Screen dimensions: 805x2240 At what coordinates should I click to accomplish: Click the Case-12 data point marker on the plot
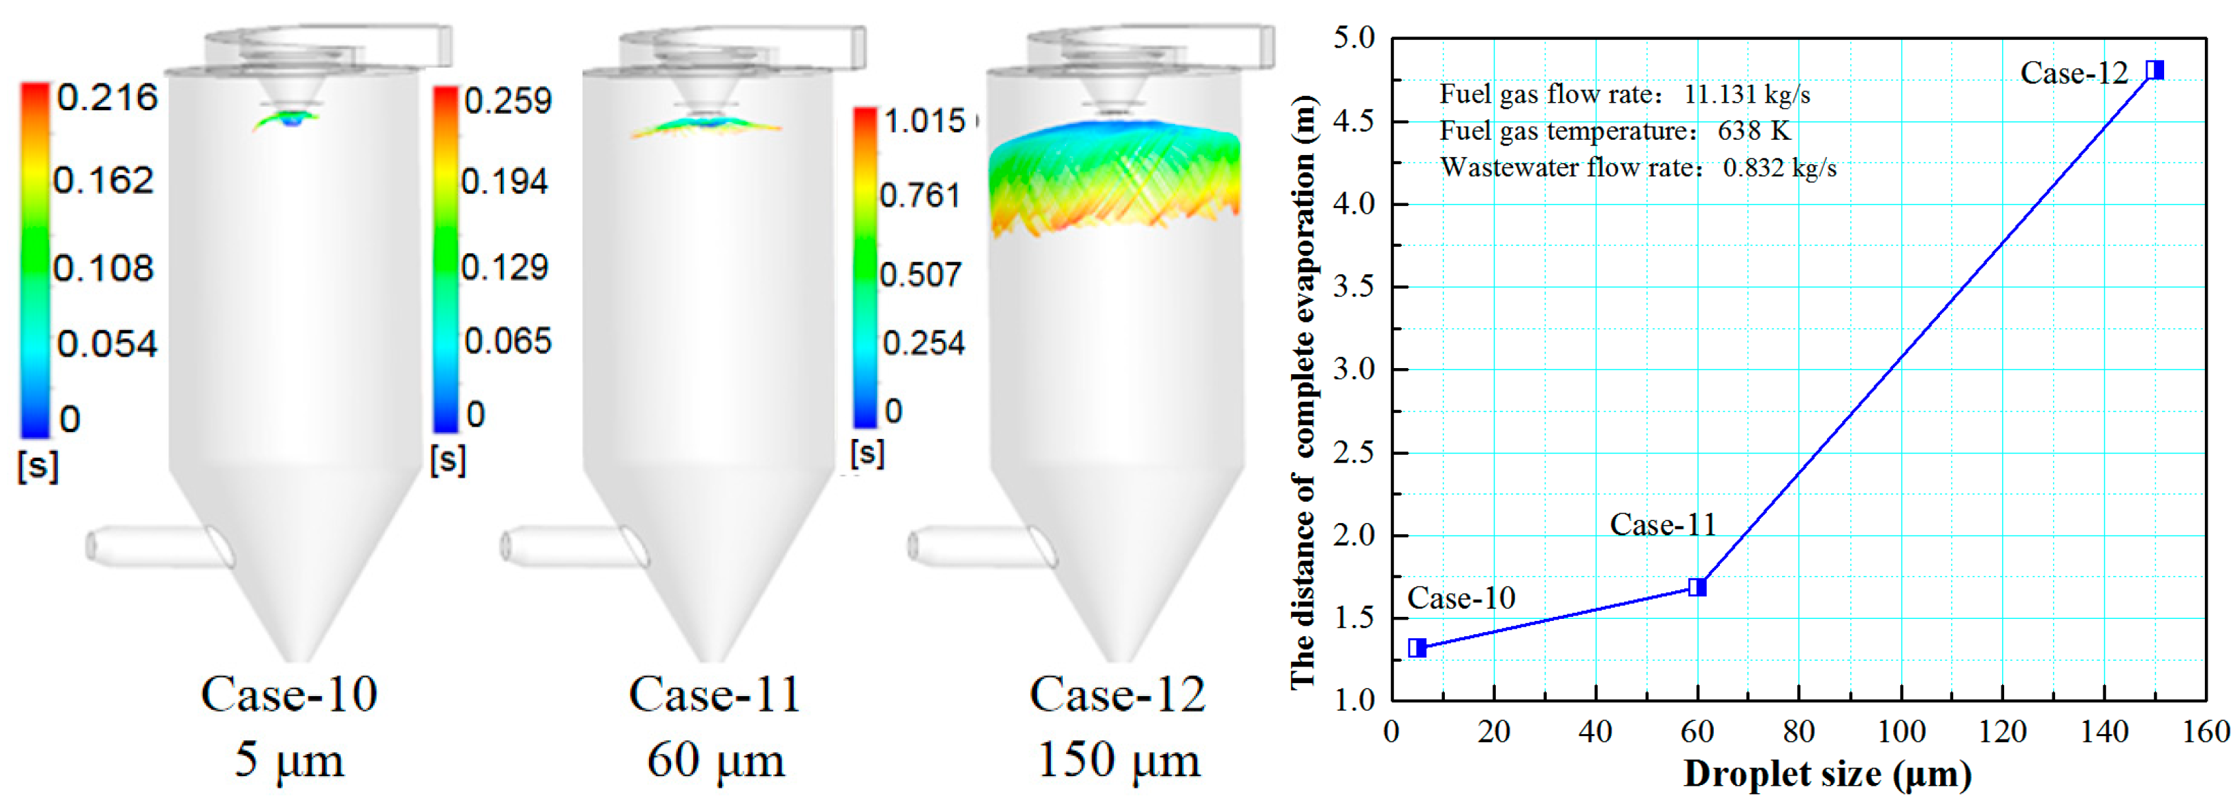click(x=2154, y=70)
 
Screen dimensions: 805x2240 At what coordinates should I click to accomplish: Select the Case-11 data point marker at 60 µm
click(x=1697, y=588)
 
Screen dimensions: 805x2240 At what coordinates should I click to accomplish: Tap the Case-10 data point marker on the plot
click(x=1417, y=648)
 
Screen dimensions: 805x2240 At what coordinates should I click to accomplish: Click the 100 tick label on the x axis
click(x=1900, y=732)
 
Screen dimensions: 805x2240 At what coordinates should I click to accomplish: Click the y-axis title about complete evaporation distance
click(x=1302, y=391)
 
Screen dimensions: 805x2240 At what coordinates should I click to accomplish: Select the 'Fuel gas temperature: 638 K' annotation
click(x=1614, y=131)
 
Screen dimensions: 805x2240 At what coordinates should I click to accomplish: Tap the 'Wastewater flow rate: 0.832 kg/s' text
click(x=1638, y=167)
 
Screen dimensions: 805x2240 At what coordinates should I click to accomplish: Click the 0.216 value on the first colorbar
click(x=107, y=97)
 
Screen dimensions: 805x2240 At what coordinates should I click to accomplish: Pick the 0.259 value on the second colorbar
click(x=507, y=101)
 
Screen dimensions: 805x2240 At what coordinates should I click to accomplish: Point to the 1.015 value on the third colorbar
click(x=924, y=121)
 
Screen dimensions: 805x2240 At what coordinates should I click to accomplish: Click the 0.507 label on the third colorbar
click(x=920, y=275)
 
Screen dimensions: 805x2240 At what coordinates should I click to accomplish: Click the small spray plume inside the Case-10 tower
click(x=287, y=119)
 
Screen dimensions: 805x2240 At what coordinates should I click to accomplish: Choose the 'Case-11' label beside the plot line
click(x=1663, y=525)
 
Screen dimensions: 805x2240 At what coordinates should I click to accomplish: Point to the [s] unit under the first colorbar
click(x=37, y=466)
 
